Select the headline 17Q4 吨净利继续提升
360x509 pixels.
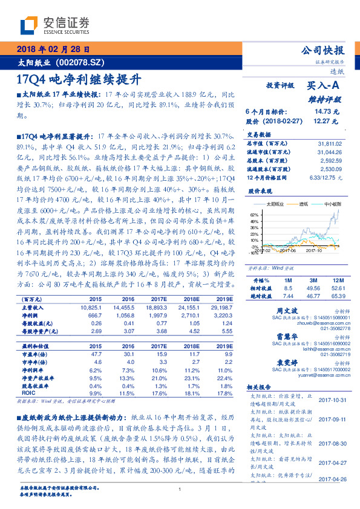(79, 79)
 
